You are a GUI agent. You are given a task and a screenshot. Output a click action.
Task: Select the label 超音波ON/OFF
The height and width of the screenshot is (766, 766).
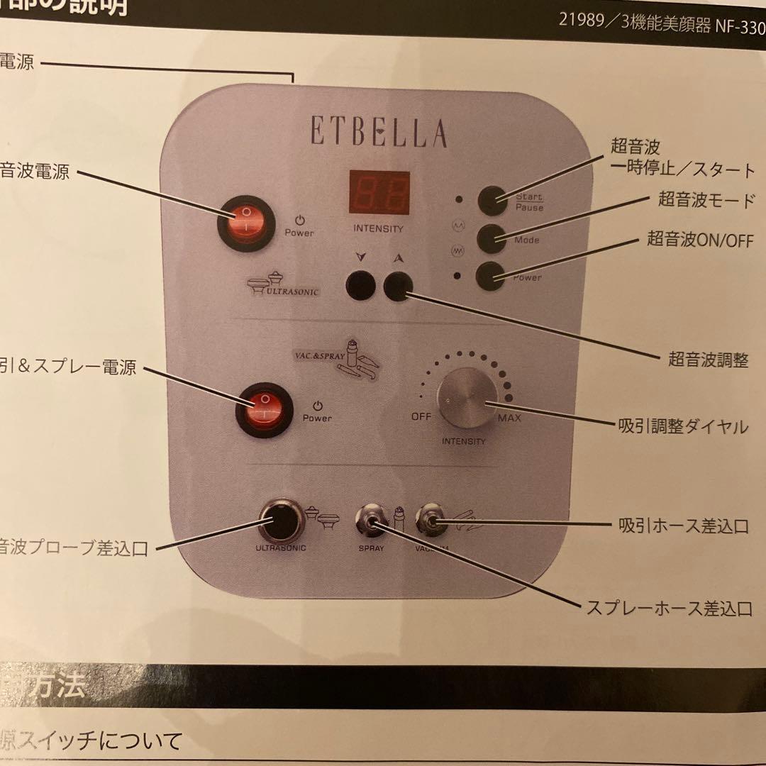(698, 239)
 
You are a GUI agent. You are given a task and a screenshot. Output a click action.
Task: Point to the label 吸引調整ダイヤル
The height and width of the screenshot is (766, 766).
(684, 426)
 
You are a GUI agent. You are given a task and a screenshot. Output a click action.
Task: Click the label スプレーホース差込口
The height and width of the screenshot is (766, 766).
(668, 608)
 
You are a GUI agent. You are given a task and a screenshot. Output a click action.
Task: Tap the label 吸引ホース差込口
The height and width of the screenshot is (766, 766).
(684, 526)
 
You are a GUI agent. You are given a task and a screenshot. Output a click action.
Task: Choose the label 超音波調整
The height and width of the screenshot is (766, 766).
(708, 360)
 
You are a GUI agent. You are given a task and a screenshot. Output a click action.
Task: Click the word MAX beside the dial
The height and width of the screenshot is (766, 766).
(509, 418)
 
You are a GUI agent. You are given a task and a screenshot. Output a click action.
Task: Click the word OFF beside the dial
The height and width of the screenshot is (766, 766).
(421, 416)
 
